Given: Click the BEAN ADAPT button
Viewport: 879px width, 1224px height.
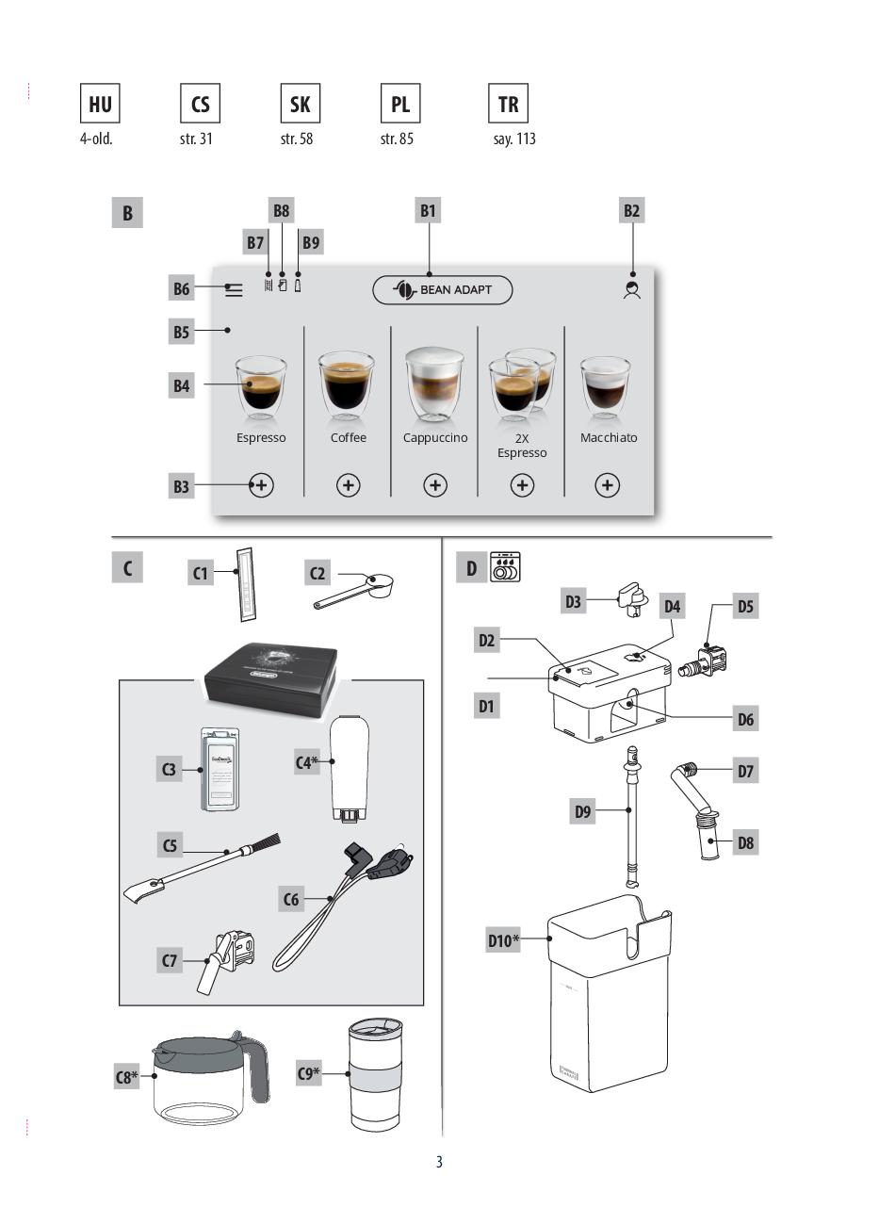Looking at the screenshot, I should (443, 290).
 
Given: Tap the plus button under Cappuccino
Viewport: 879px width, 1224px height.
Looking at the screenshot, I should (435, 485).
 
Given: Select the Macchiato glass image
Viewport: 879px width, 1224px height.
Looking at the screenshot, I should (605, 387).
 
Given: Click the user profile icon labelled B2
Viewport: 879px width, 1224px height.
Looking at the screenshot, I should (632, 290).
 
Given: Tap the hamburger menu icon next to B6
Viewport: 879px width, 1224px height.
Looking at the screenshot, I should (234, 290).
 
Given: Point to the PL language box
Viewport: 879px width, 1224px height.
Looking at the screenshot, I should (400, 104).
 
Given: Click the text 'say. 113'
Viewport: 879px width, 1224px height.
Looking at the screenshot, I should (514, 139).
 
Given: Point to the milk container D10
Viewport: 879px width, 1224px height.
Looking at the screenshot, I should (610, 999).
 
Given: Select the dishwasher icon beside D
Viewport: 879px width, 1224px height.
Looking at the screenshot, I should (506, 567).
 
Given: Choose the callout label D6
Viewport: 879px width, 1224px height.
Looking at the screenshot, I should (745, 720).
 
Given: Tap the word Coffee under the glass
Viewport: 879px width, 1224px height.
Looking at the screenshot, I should (349, 438).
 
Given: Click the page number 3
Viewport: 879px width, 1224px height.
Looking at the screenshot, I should (439, 1162).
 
